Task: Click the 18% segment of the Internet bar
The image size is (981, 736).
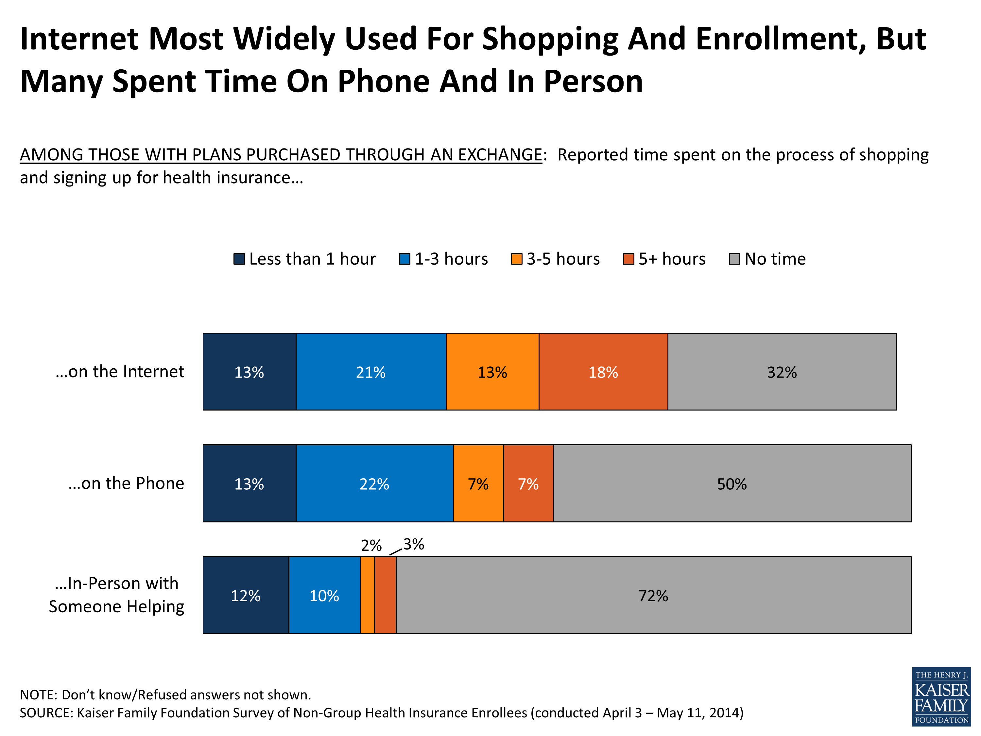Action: tap(603, 372)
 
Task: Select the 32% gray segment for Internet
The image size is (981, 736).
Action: tap(782, 372)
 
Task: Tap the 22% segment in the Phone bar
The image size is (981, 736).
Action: tap(374, 483)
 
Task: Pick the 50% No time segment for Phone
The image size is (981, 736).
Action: tap(732, 483)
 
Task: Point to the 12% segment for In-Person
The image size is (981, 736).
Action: tap(246, 595)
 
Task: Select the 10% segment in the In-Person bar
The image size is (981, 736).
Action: tap(324, 595)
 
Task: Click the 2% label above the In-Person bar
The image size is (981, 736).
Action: tap(371, 545)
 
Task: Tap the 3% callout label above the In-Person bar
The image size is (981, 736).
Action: tap(414, 544)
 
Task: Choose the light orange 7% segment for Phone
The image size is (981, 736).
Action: tap(478, 483)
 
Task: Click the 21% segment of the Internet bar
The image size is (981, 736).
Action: tap(371, 372)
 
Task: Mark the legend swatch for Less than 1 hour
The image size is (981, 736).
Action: tap(239, 259)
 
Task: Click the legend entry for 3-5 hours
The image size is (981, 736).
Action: tap(555, 259)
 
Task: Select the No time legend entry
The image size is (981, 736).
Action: tap(767, 259)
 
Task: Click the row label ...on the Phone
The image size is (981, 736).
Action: tap(127, 483)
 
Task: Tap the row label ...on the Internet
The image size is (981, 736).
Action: tap(120, 371)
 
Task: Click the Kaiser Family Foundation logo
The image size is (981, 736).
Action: tap(941, 696)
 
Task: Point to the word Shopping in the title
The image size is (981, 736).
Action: tap(550, 39)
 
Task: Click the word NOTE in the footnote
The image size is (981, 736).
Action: tap(37, 694)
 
